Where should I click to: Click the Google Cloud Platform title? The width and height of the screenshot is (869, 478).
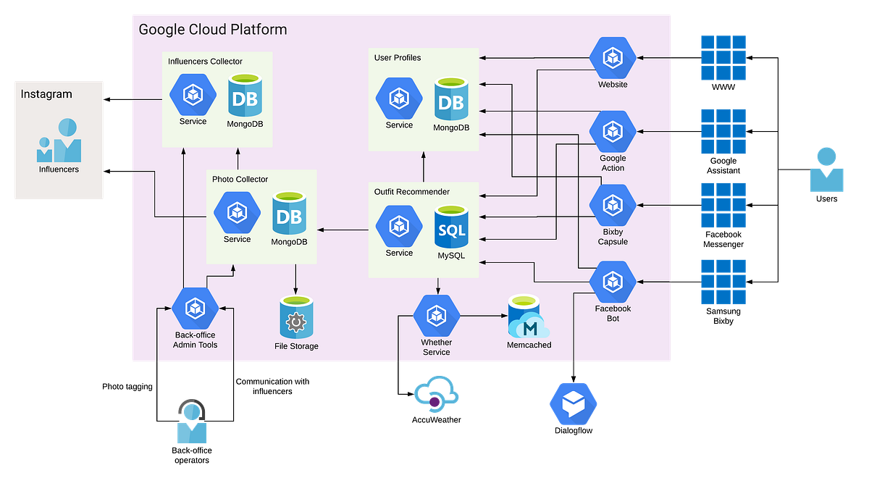pyautogui.click(x=212, y=30)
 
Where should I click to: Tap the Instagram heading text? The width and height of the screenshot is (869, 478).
pyautogui.click(x=46, y=94)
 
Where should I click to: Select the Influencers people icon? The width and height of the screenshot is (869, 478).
pyautogui.click(x=59, y=141)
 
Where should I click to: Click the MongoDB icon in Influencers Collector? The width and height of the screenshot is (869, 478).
pyautogui.click(x=245, y=95)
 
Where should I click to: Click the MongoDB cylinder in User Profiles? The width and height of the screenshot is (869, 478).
pyautogui.click(x=451, y=99)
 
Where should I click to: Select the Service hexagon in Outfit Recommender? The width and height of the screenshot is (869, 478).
pyautogui.click(x=399, y=226)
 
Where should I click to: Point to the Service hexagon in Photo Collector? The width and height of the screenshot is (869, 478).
pyautogui.click(x=237, y=212)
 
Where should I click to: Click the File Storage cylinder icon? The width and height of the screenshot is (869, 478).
pyautogui.click(x=295, y=317)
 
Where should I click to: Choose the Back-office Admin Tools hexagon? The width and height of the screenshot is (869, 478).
pyautogui.click(x=195, y=309)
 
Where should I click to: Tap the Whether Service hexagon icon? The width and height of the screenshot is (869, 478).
pyautogui.click(x=436, y=315)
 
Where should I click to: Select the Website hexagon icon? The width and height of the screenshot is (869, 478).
pyautogui.click(x=613, y=57)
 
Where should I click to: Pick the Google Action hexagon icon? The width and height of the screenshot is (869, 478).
pyautogui.click(x=613, y=131)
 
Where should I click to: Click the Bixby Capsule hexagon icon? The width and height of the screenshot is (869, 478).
pyautogui.click(x=613, y=206)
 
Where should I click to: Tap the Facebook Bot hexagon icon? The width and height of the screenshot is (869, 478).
pyautogui.click(x=613, y=282)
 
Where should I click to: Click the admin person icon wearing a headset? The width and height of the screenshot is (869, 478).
pyautogui.click(x=192, y=421)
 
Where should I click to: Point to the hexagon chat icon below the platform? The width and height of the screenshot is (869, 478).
pyautogui.click(x=573, y=403)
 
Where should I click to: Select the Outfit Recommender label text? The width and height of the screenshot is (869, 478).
pyautogui.click(x=412, y=192)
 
